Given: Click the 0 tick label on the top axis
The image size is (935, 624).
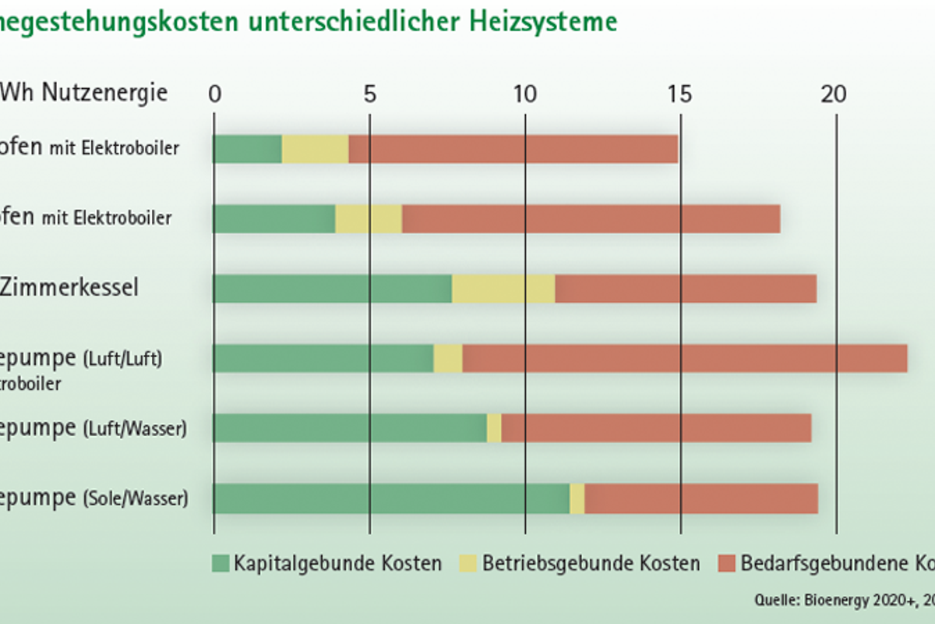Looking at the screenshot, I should pos(214,94).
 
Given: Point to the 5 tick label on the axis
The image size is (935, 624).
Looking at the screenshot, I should pos(370,94).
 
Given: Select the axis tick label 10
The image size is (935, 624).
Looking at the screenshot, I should pos(524,94).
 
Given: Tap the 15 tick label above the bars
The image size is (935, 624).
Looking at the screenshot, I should pos(680,94).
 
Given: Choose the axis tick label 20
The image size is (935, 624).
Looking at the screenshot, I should pos(835,94).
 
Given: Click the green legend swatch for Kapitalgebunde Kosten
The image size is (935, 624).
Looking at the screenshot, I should pos(221,562).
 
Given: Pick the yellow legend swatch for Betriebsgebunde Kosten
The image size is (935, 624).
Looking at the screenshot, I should pos(469,562).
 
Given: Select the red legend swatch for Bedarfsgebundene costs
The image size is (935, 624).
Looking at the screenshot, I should pos(726,562).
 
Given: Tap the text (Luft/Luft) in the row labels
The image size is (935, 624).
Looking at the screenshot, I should pos(122,360).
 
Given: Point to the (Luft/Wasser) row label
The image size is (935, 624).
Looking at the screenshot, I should pos(133,428).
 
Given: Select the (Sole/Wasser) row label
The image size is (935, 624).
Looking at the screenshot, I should pos(135,498).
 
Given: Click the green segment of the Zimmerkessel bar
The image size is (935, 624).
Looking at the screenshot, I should pos(332,289).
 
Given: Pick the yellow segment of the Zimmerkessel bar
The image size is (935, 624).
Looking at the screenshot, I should pos(503,289).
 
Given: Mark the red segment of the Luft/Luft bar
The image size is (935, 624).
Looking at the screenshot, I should pos(684,358).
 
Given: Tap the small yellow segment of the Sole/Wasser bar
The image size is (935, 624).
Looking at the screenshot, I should pos(577,498).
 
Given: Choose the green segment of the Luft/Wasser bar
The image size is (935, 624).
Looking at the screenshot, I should pos(350,427).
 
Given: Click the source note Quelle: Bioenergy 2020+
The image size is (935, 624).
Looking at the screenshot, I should pos(841,601).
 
